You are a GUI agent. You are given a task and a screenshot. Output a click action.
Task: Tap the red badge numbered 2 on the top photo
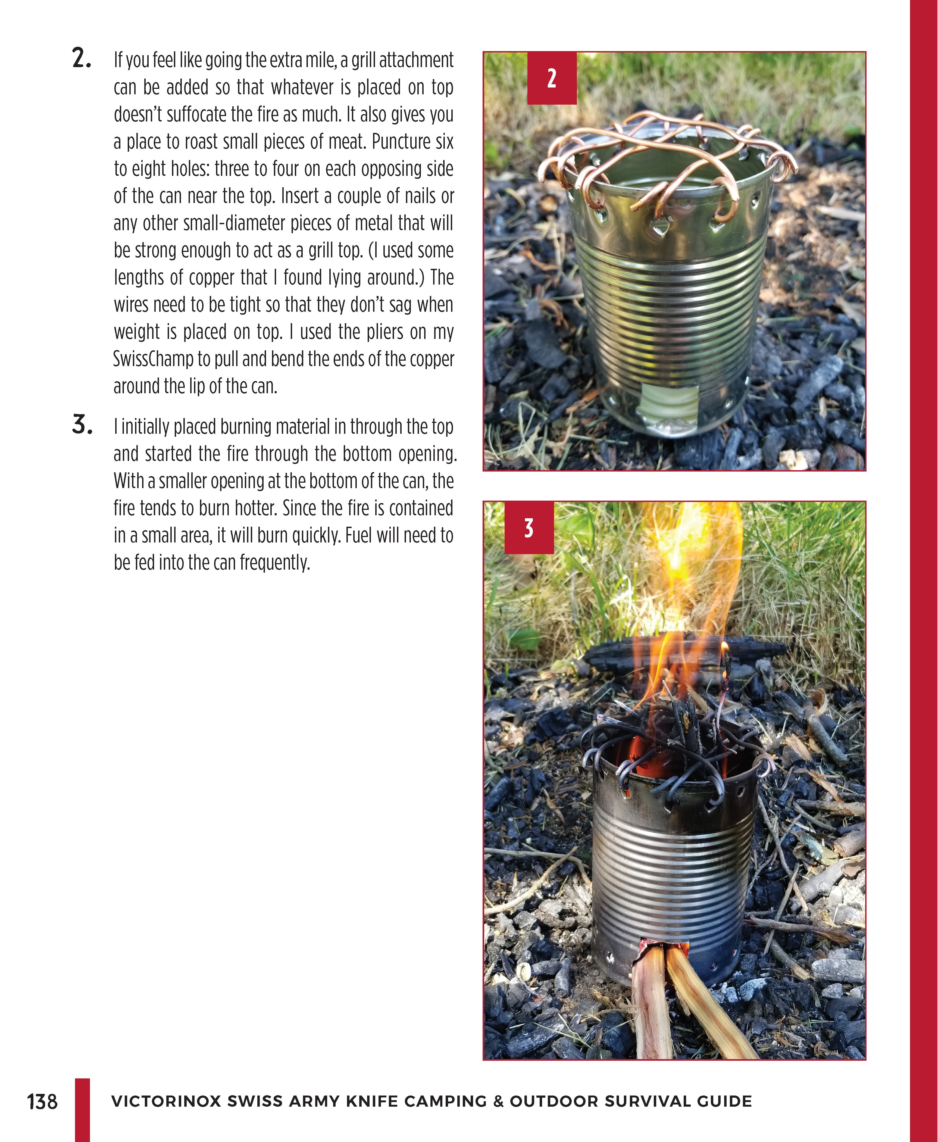click(552, 78)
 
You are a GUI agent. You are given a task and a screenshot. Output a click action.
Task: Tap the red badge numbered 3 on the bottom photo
click(529, 528)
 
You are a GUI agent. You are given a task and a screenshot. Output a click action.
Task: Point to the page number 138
click(42, 1102)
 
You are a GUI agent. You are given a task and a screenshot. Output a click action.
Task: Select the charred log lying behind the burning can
click(686, 654)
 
